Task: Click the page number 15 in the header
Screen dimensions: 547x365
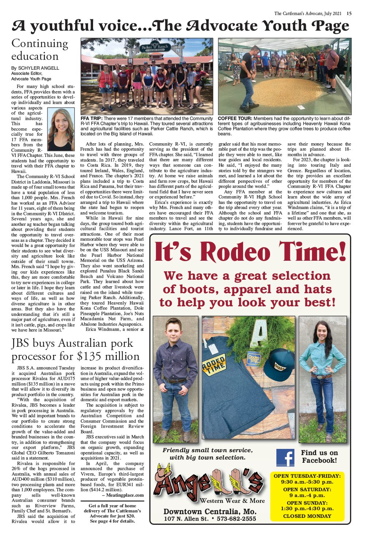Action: pyautogui.click(x=349, y=13)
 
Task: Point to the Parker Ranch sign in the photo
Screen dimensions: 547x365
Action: pyautogui.click(x=155, y=47)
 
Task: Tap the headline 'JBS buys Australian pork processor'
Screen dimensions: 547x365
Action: pyautogui.click(x=75, y=349)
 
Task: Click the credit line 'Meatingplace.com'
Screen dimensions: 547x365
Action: pyautogui.click(x=124, y=495)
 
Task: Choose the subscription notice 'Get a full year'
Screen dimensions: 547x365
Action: pyautogui.click(x=112, y=513)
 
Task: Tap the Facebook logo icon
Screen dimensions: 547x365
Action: pyautogui.click(x=285, y=458)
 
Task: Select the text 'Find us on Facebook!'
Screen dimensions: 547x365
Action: pyautogui.click(x=319, y=457)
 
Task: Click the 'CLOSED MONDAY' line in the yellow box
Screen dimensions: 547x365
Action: pyautogui.click(x=307, y=516)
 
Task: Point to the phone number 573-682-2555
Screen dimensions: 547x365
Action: pyautogui.click(x=236, y=519)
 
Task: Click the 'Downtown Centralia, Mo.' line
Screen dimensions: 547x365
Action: pyautogui.click(x=210, y=511)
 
